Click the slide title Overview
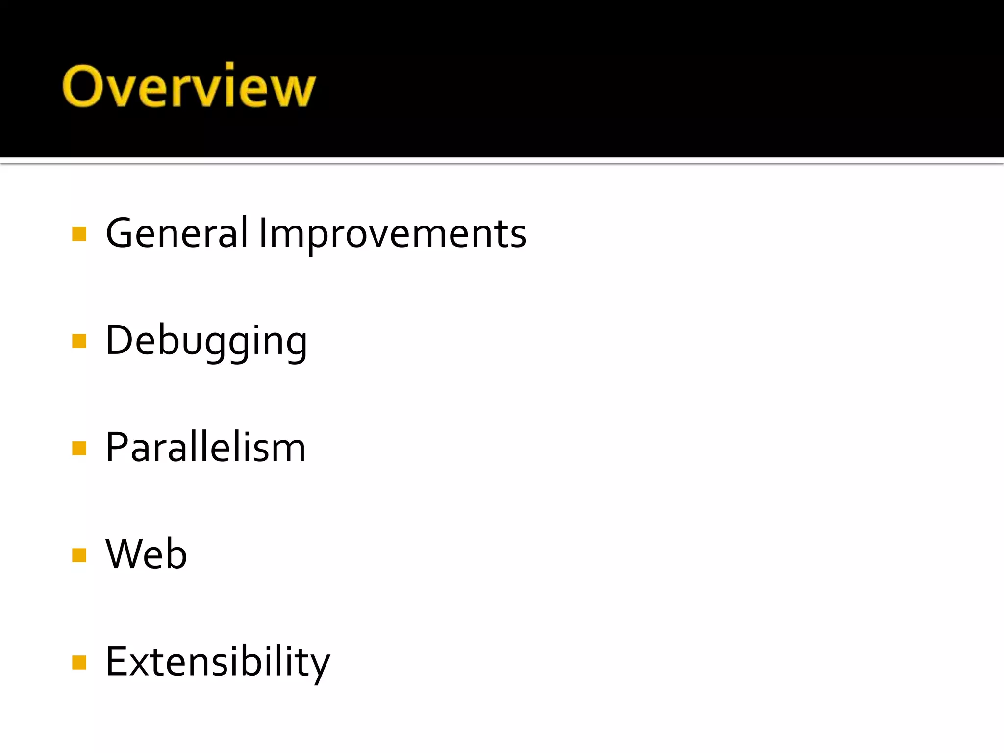click(189, 86)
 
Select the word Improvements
click(392, 234)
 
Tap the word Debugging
click(206, 342)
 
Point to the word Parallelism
click(205, 447)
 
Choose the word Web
click(146, 554)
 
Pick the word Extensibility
click(218, 662)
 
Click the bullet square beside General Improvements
click(79, 234)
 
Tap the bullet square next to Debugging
click(79, 341)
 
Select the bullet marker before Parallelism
click(79, 448)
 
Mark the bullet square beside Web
click(79, 555)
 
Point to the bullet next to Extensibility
click(79, 663)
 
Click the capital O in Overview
click(82, 86)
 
